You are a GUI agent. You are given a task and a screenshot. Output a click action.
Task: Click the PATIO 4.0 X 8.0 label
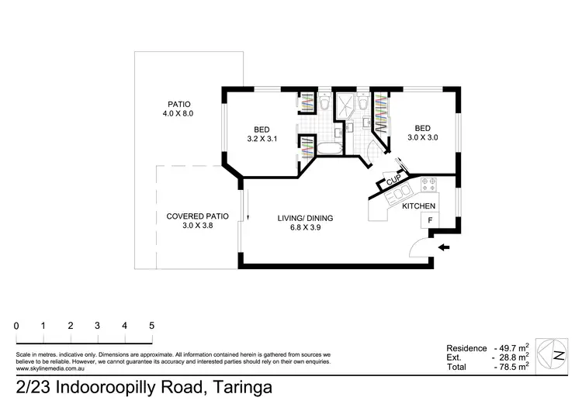(x=179, y=109)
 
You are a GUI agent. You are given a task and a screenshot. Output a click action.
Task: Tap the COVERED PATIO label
(x=196, y=221)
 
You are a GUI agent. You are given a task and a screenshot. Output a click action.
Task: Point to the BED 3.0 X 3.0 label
(x=422, y=133)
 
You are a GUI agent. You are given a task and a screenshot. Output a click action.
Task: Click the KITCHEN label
(x=418, y=205)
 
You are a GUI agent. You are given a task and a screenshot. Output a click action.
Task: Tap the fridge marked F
(x=427, y=221)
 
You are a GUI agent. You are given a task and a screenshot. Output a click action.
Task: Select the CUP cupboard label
(x=393, y=181)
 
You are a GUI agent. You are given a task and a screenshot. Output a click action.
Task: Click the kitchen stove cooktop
(x=428, y=185)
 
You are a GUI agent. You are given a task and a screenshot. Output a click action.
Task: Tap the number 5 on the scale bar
(x=151, y=326)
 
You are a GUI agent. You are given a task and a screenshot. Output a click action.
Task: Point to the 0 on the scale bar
(x=16, y=326)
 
